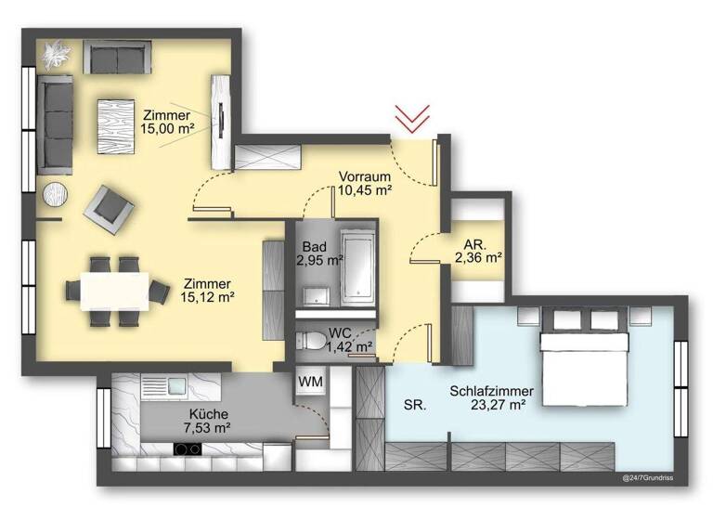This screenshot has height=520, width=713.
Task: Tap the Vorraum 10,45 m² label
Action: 364,183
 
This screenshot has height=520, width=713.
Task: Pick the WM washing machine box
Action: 310,383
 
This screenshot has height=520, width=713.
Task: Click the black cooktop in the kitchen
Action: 188,450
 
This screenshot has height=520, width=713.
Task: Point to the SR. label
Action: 415,405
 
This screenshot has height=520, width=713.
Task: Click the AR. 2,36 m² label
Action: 478,252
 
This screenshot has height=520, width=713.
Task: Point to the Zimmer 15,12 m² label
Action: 207,291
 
